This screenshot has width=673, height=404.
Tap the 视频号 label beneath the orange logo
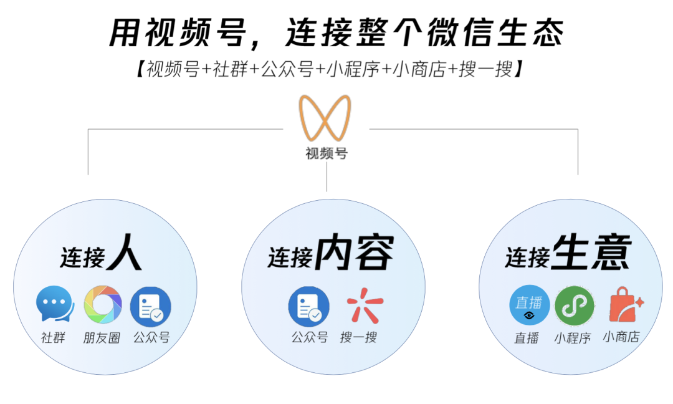click(x=326, y=153)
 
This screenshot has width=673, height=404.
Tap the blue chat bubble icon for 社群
click(x=54, y=305)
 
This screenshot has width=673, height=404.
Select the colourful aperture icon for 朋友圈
click(x=102, y=305)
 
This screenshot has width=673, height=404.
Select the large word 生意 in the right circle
click(x=591, y=252)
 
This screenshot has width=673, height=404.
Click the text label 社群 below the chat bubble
click(x=53, y=339)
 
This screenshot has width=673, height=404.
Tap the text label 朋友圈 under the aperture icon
click(x=102, y=339)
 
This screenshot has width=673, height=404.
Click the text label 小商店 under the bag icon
click(x=621, y=337)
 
